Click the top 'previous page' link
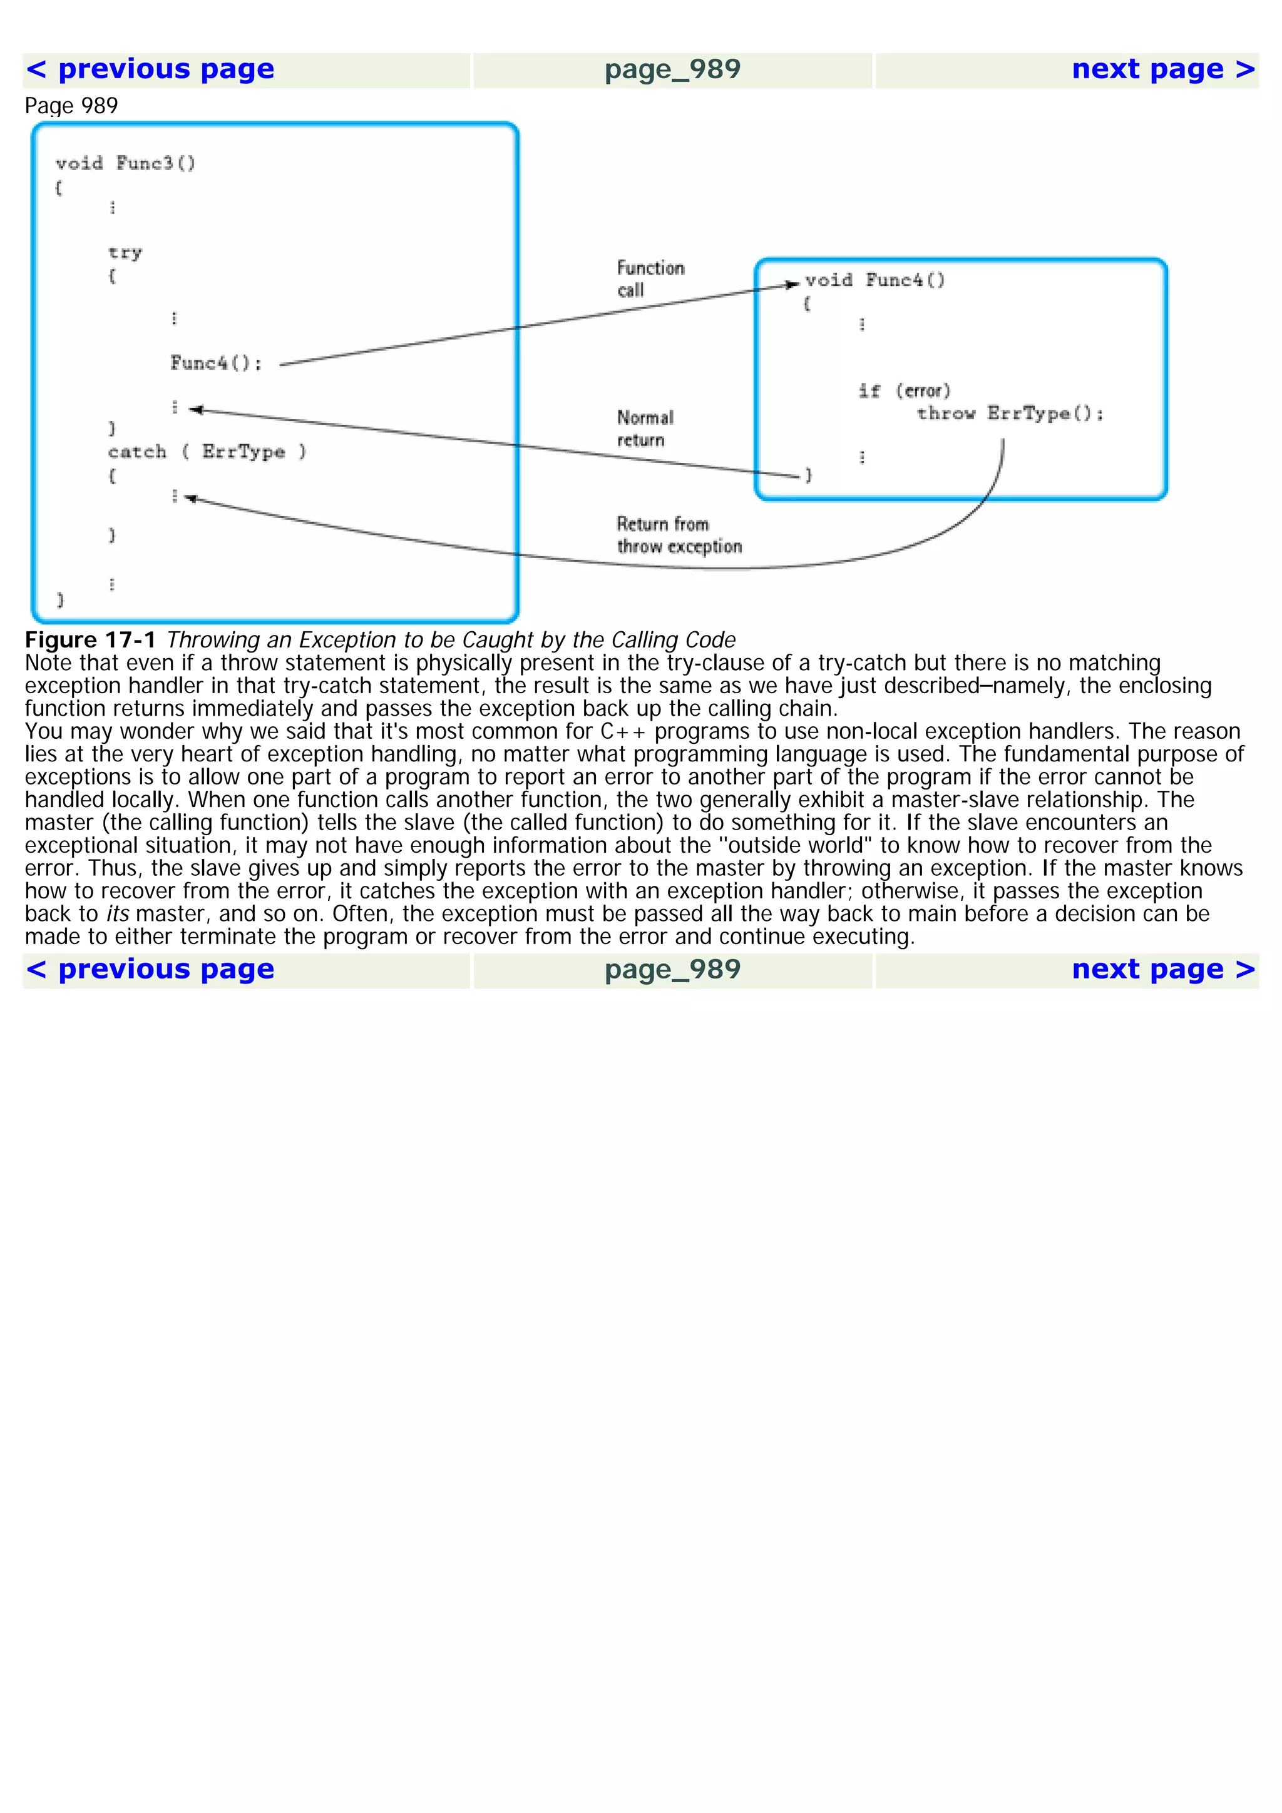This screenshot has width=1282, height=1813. pyautogui.click(x=150, y=69)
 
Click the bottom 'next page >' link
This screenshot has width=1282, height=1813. pyautogui.click(x=1162, y=969)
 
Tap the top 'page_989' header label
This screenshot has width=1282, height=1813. pyautogui.click(x=672, y=69)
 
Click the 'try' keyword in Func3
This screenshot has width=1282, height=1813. pyautogui.click(x=125, y=253)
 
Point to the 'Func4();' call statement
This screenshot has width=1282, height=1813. pyautogui.click(x=215, y=363)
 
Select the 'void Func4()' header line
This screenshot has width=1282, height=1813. pyautogui.click(x=874, y=280)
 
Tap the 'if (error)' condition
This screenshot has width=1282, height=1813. pyautogui.click(x=905, y=391)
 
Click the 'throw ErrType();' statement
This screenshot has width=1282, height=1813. pyautogui.click(x=1010, y=414)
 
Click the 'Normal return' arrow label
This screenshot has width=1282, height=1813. pyautogui.click(x=645, y=428)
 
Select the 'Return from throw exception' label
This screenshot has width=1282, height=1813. pyautogui.click(x=679, y=535)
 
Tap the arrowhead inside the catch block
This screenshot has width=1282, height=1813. pyautogui.click(x=190, y=498)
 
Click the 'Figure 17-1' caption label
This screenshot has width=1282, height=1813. pyautogui.click(x=90, y=639)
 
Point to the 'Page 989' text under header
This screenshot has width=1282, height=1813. pyautogui.click(x=71, y=106)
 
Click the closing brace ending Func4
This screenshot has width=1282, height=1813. pyautogui.click(x=808, y=475)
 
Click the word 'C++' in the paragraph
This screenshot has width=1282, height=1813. pyautogui.click(x=622, y=731)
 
